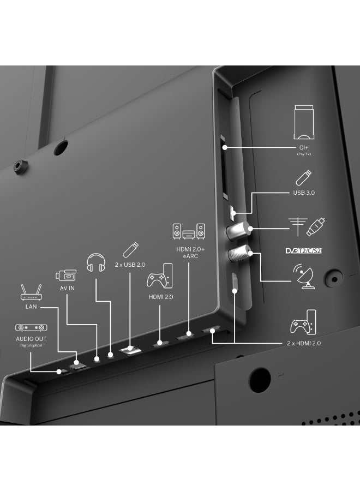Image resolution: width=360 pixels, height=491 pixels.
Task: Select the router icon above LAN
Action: point(31,294)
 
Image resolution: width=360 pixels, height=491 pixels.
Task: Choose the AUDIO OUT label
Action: point(31,339)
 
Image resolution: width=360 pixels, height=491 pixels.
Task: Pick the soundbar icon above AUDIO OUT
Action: point(31,328)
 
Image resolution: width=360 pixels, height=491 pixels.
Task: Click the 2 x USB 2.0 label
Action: point(130,265)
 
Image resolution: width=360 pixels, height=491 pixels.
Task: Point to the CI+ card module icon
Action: point(302,123)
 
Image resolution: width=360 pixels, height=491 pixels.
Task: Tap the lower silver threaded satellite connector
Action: point(239,253)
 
